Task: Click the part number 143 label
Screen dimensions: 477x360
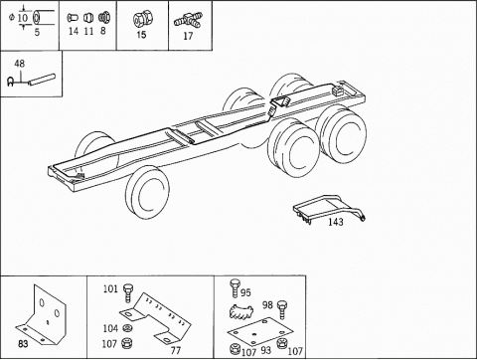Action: [336, 222]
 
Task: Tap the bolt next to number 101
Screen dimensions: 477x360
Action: [128, 292]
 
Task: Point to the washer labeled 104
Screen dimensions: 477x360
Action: [126, 328]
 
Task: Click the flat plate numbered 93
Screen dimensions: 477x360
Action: [260, 330]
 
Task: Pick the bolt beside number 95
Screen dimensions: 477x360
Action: [235, 288]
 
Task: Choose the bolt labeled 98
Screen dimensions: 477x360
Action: [282, 309]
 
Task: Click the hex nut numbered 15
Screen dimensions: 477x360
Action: [142, 19]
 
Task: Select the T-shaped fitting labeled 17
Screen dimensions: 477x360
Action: [188, 21]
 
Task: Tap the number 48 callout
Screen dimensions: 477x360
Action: [20, 64]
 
